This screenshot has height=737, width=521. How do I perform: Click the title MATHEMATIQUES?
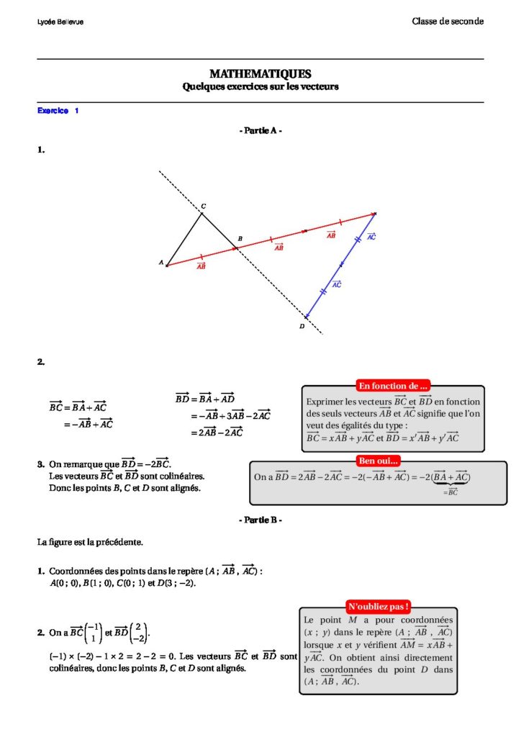(x=260, y=74)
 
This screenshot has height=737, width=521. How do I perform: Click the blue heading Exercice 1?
(x=58, y=111)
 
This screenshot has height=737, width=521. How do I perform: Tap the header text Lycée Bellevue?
(x=60, y=22)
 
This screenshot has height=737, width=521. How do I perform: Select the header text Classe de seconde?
(x=447, y=22)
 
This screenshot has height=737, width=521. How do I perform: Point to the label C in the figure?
(x=203, y=206)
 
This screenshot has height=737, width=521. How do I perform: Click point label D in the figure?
(x=302, y=326)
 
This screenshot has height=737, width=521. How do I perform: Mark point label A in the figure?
(x=160, y=263)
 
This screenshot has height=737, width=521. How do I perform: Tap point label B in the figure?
(x=240, y=238)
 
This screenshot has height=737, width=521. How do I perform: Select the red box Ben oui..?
(x=378, y=461)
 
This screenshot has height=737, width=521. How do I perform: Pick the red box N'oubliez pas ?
(x=378, y=607)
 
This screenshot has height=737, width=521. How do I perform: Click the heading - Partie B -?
(x=260, y=519)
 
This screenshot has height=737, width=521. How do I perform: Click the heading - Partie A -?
(x=260, y=131)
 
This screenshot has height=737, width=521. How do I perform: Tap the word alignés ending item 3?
(x=186, y=488)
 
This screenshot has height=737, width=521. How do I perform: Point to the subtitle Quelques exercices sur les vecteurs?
(x=260, y=87)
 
